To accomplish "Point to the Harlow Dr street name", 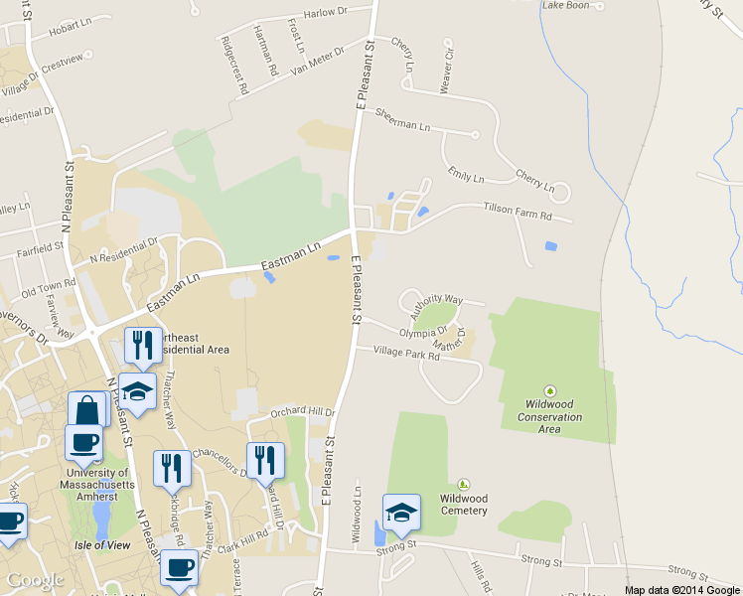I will click(x=327, y=13).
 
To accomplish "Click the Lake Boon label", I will click(x=565, y=6).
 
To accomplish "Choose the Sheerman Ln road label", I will click(x=403, y=119).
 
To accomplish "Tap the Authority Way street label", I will click(x=436, y=304).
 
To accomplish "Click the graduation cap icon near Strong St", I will click(x=401, y=513).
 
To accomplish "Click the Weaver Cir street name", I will click(x=447, y=64).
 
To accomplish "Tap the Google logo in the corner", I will click(x=35, y=580).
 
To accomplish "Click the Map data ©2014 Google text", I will click(x=681, y=590).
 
